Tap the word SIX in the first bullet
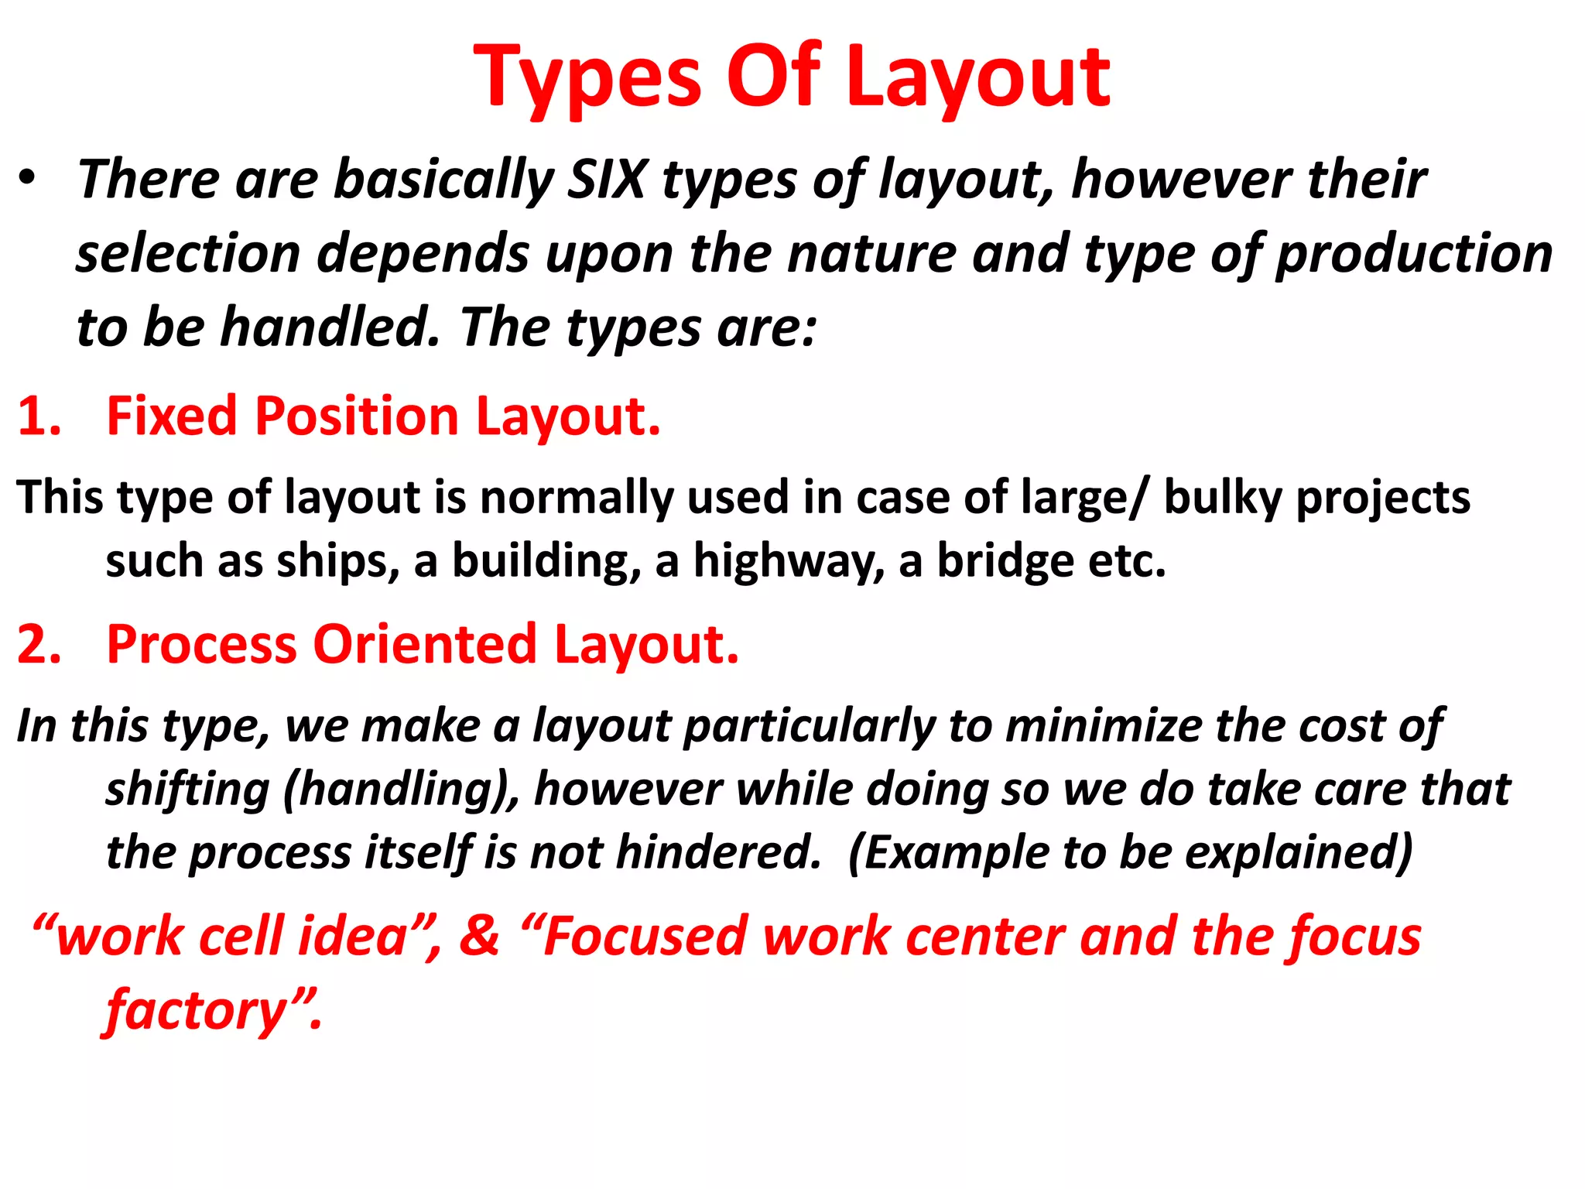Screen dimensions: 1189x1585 click(x=607, y=180)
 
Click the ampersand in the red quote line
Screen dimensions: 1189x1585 click(x=479, y=936)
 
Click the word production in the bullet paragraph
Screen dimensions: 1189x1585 click(x=1413, y=254)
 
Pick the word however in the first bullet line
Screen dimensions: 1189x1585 click(x=1181, y=180)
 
